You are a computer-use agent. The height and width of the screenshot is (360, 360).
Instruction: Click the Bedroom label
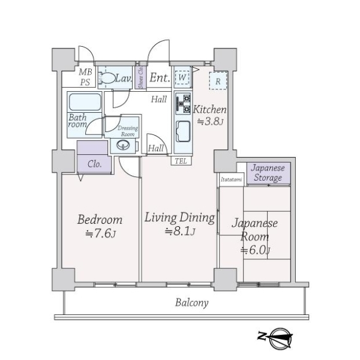[x=100, y=220]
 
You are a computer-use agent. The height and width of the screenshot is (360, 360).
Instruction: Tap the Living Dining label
[x=180, y=218]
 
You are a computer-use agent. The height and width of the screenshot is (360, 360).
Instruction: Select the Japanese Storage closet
[x=268, y=173]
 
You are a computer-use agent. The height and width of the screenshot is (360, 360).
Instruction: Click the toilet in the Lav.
[x=107, y=78]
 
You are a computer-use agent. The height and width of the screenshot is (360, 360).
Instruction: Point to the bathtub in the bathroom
[x=85, y=102]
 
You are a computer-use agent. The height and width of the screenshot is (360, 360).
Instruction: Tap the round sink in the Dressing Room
[x=123, y=145]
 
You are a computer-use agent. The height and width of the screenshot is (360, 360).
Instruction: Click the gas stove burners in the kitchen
[x=183, y=104]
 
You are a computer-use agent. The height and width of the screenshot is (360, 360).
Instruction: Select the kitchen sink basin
[x=183, y=131]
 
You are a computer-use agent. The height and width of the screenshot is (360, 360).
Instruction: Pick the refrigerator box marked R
[x=218, y=81]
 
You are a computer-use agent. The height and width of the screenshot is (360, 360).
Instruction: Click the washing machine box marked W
[x=182, y=77]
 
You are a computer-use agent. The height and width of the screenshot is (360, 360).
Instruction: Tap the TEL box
[x=181, y=161]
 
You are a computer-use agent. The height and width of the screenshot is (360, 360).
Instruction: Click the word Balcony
[x=192, y=303]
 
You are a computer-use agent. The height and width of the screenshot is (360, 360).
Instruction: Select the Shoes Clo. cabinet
[x=140, y=77]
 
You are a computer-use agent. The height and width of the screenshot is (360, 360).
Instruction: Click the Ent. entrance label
[x=160, y=77]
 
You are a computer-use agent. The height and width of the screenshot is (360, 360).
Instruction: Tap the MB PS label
[x=85, y=77]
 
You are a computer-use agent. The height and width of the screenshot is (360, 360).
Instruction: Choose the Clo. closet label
[x=94, y=164]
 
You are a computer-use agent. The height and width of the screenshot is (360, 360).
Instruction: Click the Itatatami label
[x=231, y=179]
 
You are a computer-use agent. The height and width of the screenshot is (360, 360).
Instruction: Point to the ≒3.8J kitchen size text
[x=210, y=121]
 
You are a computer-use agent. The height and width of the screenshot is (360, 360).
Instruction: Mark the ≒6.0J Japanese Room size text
[x=255, y=250]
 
